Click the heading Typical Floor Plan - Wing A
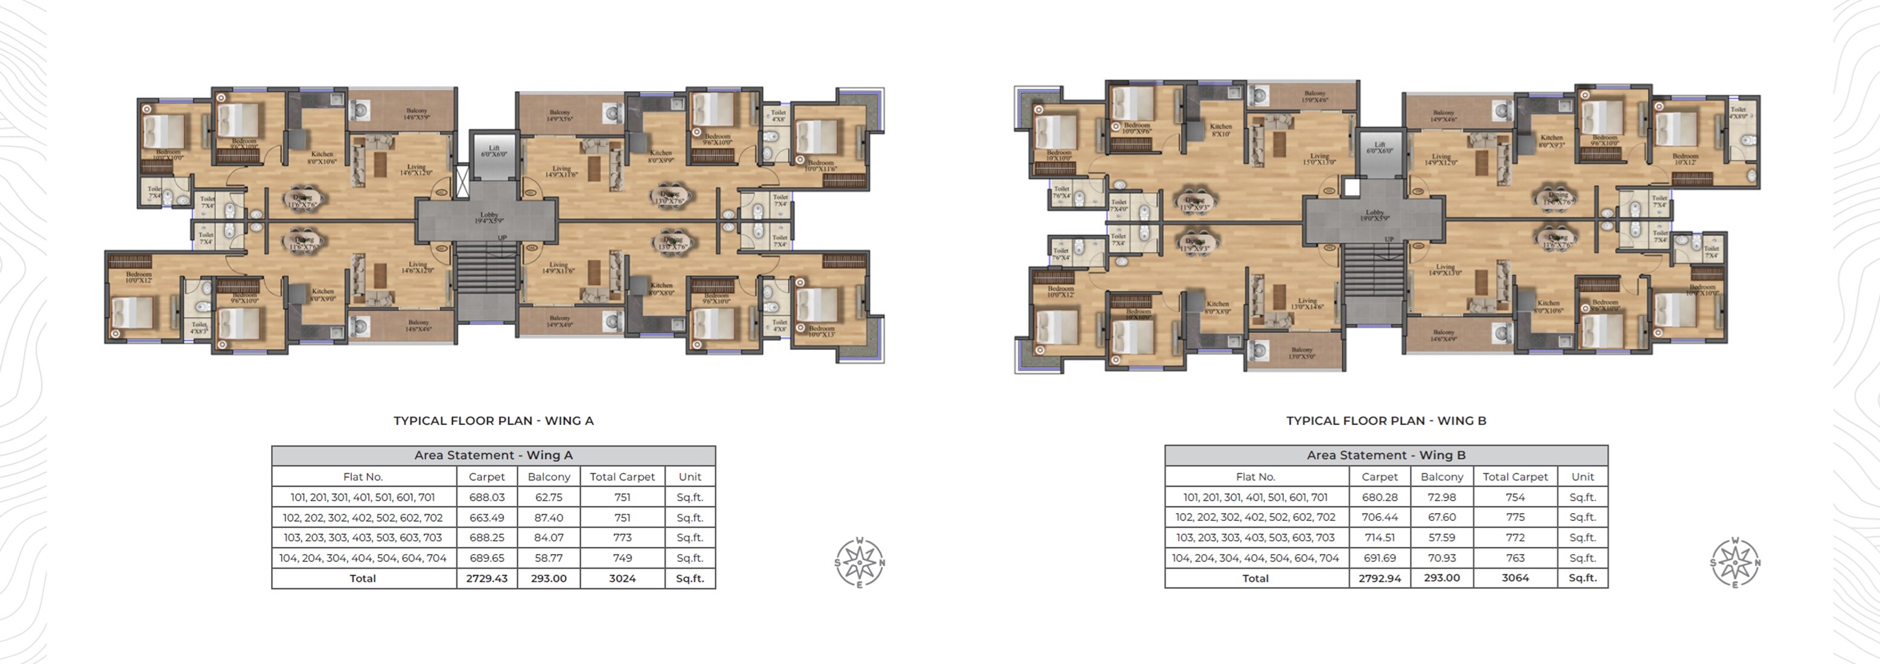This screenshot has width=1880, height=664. click(493, 421)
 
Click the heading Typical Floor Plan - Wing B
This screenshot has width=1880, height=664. click(1386, 421)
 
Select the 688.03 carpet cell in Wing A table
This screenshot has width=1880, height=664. click(487, 497)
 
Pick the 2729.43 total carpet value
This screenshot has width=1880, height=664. click(487, 578)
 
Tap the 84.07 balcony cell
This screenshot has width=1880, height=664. click(548, 538)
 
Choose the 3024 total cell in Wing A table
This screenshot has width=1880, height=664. click(622, 578)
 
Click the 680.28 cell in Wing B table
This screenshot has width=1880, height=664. click(1379, 497)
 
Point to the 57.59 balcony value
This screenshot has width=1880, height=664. click(1441, 538)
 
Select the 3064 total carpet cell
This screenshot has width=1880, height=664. click(1515, 578)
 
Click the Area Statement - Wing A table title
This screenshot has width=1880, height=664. click(493, 455)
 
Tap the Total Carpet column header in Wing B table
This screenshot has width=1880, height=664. click(1515, 476)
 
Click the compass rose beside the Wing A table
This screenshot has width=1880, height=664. click(859, 563)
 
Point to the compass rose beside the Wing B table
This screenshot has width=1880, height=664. click(1735, 563)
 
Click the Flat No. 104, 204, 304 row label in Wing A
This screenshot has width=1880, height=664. click(363, 558)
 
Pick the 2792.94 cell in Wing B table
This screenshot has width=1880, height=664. click(1379, 578)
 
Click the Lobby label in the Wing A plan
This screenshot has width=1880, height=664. click(489, 217)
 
